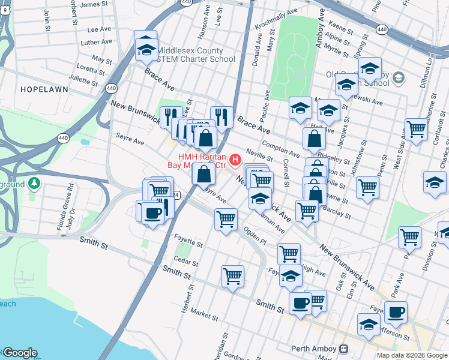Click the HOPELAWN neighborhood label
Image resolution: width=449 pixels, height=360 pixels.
tap(44, 89)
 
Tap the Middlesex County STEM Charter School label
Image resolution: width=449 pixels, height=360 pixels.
tap(187, 55)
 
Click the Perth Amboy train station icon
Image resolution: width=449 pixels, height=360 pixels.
tap(344, 349)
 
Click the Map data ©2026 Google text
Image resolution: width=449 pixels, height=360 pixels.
tap(412, 355)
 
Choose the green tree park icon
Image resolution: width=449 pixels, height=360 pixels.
tap(35, 183)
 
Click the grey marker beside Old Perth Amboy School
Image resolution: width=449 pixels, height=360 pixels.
tap(400, 78)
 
